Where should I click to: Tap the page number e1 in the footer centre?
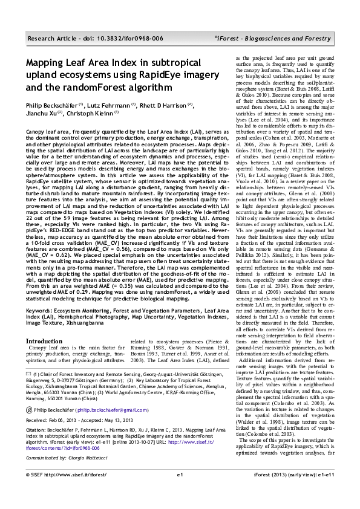(180, 492)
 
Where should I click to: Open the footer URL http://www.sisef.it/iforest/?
(73, 492)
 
